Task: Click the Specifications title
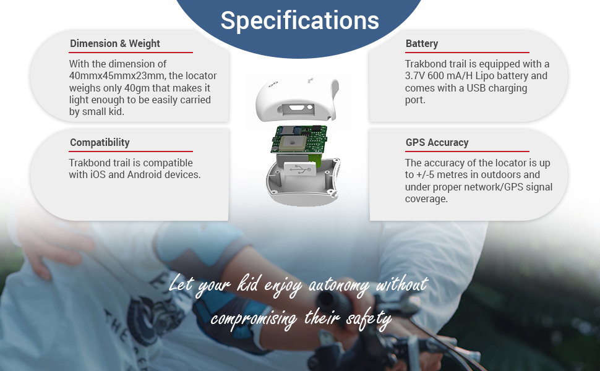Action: [x=299, y=20]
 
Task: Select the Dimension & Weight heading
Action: [x=115, y=43]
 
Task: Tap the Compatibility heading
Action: [x=100, y=142]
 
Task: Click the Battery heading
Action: [x=422, y=43]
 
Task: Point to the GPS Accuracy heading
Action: [x=437, y=142]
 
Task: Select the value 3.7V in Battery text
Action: [x=416, y=76]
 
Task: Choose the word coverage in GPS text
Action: [x=426, y=198]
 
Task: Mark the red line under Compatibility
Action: [x=131, y=151]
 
